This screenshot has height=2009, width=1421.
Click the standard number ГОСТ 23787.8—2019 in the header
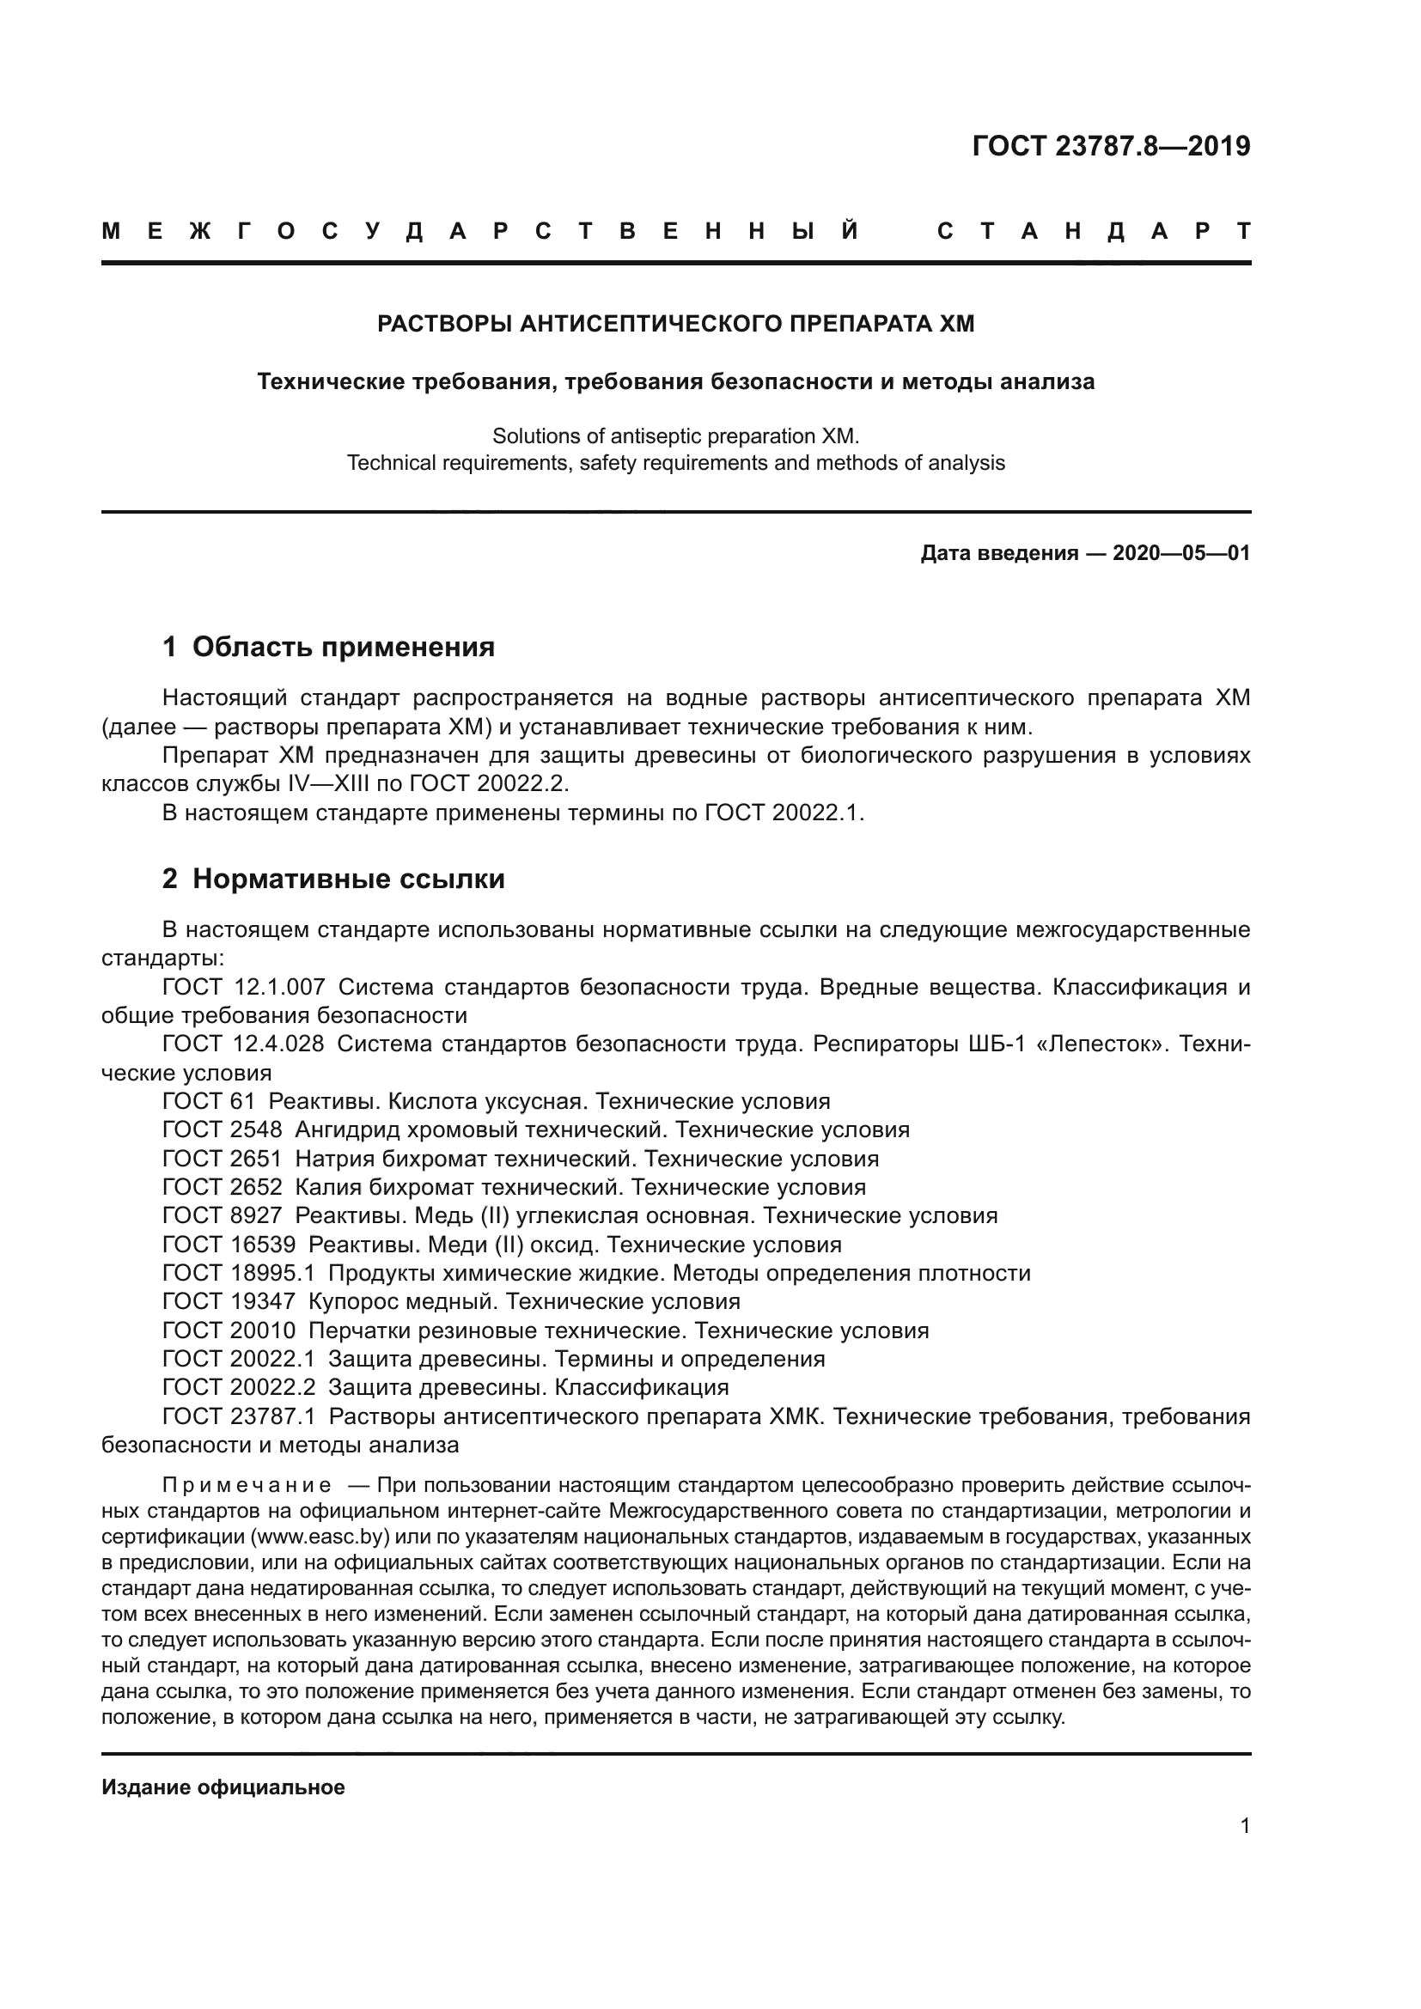coord(1110,146)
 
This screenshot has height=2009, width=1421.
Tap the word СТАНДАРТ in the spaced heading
coord(1093,232)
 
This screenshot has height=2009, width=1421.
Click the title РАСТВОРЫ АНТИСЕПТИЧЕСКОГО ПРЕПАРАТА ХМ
coord(674,324)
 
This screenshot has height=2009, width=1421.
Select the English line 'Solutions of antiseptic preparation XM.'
coord(674,435)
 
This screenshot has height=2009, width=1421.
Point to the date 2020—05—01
coord(1180,553)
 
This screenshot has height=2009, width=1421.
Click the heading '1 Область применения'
coord(328,648)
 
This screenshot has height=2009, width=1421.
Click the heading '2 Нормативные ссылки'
coord(333,879)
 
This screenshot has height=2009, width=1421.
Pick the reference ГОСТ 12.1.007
coord(243,987)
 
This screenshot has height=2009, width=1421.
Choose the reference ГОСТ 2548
coord(223,1129)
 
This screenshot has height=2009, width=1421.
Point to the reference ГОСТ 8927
coord(223,1215)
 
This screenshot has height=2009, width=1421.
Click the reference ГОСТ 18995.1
coord(238,1273)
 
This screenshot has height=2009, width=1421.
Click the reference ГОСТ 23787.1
coord(238,1416)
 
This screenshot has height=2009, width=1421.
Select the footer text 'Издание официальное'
coord(223,1784)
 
